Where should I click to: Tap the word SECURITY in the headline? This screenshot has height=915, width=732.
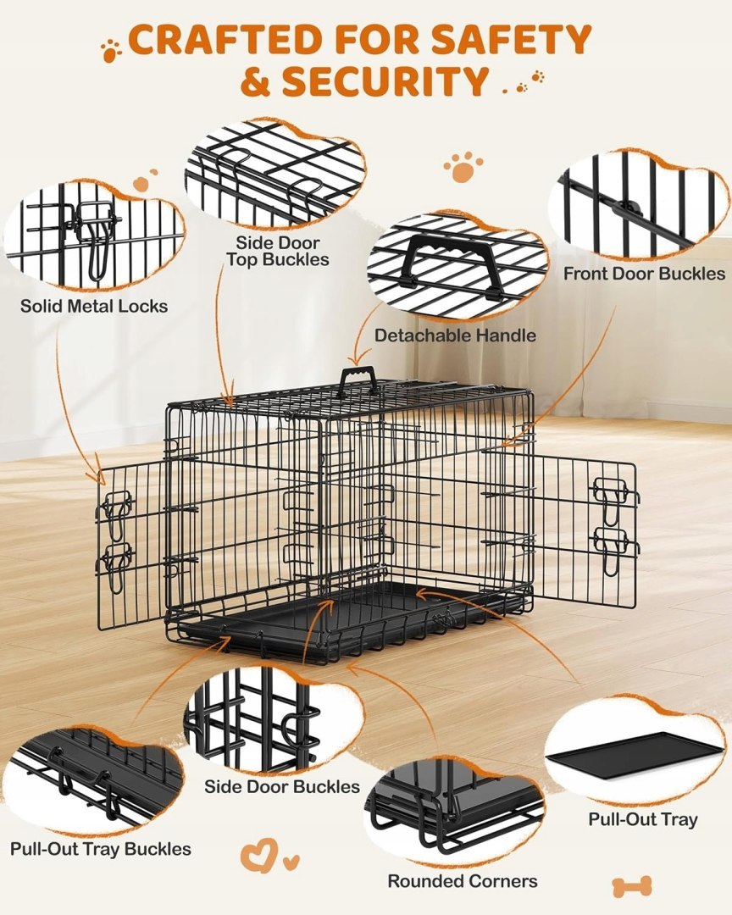[385, 81]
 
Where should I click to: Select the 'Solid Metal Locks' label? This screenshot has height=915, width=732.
[94, 306]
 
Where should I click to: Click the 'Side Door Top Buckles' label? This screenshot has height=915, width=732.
[278, 251]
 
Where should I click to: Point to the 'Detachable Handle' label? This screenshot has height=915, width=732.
[455, 335]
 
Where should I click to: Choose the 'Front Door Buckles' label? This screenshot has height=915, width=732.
[644, 274]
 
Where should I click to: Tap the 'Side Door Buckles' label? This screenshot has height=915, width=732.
[282, 786]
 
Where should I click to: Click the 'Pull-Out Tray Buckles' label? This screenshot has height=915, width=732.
[101, 849]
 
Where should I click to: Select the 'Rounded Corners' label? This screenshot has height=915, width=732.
[463, 881]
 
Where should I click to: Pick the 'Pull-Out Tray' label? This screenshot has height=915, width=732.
[643, 819]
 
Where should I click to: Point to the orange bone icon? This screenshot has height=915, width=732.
[631, 887]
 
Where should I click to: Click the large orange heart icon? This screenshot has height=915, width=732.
[258, 856]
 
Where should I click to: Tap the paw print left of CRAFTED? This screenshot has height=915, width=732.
[110, 50]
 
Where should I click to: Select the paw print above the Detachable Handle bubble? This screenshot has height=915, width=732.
[463, 167]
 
